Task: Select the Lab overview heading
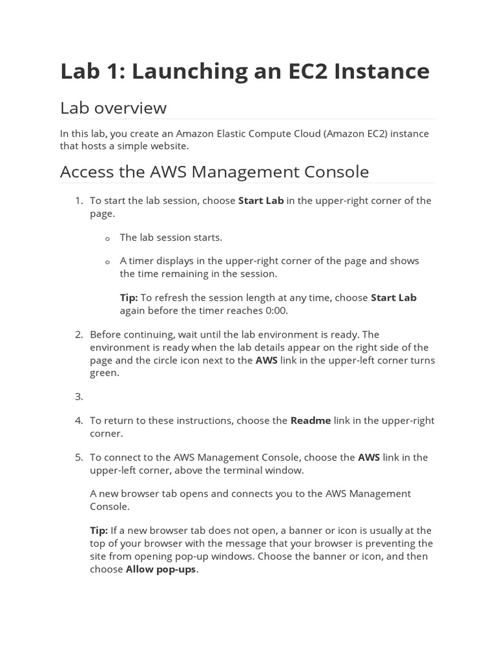[x=113, y=108]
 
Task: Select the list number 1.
[x=78, y=201]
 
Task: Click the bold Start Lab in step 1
[x=261, y=201]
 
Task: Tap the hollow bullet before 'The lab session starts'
[x=108, y=239]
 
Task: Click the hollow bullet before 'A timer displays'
[x=108, y=262]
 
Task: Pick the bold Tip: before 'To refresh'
[x=129, y=298]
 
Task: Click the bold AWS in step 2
[x=267, y=360]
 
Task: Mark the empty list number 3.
[x=78, y=397]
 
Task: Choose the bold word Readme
[x=311, y=421]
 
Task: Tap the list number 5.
[x=78, y=458]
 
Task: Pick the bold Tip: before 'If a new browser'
[x=99, y=531]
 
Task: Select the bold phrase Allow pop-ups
[x=161, y=569]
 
